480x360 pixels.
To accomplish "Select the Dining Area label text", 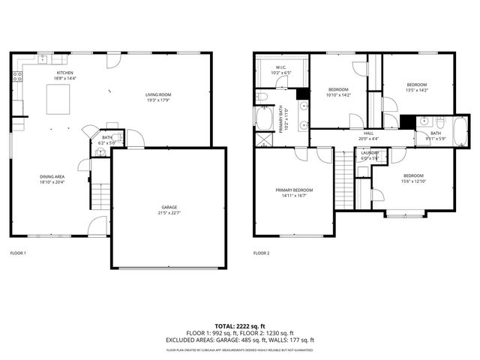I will click(52, 179).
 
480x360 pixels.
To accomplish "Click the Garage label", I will click(169, 209).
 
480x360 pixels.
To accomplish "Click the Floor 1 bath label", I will click(107, 139).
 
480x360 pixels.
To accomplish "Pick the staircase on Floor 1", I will click(100, 196).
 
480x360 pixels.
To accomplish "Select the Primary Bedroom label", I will click(294, 192).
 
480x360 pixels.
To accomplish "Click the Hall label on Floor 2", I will click(368, 136).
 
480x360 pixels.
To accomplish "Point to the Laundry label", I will click(370, 154).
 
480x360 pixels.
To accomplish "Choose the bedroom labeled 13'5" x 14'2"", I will click(416, 87).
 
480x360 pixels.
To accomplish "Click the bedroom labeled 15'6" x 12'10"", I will click(413, 178).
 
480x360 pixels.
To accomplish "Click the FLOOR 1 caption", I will click(18, 253).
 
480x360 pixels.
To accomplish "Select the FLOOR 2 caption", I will click(262, 253).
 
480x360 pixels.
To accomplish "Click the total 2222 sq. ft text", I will click(240, 326).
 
